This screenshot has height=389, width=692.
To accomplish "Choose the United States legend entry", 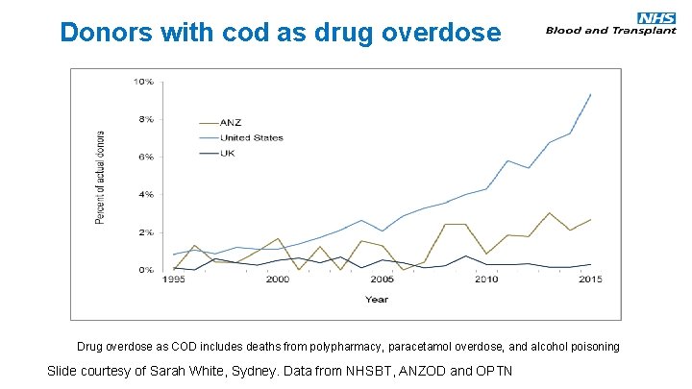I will click(x=253, y=137).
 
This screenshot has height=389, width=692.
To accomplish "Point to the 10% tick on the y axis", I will click(x=142, y=83).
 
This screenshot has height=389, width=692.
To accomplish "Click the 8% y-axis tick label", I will click(x=144, y=120).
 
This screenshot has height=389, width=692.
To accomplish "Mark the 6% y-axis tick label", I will click(x=144, y=158).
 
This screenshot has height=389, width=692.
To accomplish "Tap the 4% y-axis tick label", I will click(x=144, y=195).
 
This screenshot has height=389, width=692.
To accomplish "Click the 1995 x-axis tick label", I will click(x=173, y=280).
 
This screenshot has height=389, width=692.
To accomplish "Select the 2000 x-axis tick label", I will click(x=277, y=280).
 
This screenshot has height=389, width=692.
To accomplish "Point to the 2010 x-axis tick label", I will click(x=485, y=280).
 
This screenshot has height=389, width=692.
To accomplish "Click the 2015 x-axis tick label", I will click(x=589, y=280).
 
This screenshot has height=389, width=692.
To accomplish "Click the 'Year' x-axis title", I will click(x=377, y=299).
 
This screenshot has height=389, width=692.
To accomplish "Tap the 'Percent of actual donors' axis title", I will click(x=100, y=176).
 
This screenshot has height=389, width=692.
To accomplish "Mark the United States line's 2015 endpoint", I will click(x=590, y=94).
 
